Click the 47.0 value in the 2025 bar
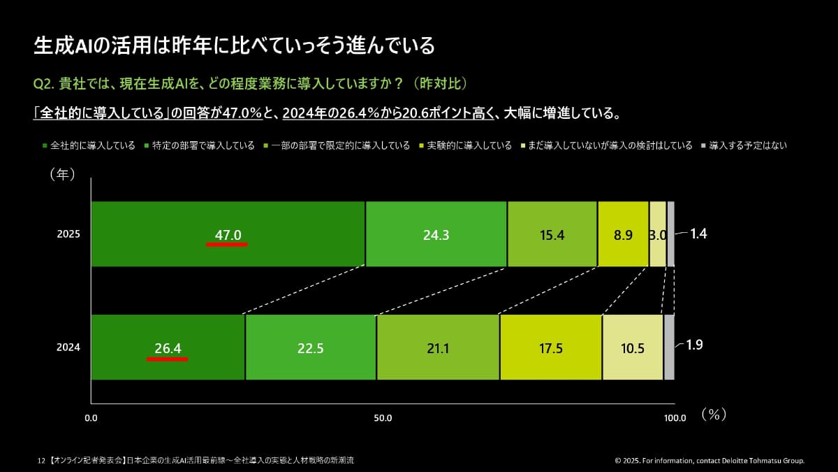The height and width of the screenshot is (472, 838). coord(228,235)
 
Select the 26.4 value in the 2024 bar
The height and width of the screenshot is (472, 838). coord(168,348)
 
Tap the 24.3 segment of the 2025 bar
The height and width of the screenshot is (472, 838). coord(436,235)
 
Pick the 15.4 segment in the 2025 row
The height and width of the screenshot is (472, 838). coord(552,235)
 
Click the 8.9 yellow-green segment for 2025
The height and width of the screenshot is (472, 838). coord(623,235)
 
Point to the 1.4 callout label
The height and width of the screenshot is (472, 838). coord(698,234)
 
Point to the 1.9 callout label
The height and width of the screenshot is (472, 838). coord(696,345)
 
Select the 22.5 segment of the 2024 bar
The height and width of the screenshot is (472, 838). coord(310,348)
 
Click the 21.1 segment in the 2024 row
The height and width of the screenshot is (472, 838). coord(437,348)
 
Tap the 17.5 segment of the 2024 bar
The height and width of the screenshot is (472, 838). coord(550,348)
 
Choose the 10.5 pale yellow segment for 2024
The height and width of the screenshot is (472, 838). coord(632,348)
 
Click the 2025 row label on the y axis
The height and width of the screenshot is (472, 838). coord(68,234)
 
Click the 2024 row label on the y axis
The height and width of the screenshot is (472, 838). coord(68,347)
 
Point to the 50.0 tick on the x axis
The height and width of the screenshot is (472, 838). coord(383,418)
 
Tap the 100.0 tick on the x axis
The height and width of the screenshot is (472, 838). coord(675,418)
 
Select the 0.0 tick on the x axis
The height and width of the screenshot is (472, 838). coord(91,418)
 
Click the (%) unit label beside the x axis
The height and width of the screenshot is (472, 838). coord(714,414)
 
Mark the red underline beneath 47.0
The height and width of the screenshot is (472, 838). coord(227,245)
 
